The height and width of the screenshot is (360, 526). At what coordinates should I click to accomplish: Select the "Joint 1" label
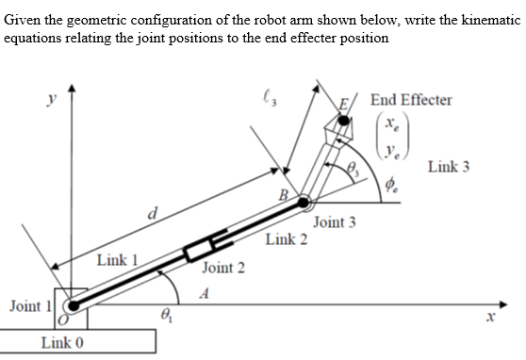29,305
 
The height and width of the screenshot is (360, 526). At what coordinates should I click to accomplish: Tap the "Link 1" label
119,259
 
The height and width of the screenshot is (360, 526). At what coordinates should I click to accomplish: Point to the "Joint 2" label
222,269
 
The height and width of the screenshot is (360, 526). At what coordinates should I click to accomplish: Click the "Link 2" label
286,238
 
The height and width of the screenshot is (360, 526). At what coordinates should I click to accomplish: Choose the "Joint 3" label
334,222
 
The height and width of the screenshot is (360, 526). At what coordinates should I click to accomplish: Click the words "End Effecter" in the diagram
411,99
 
